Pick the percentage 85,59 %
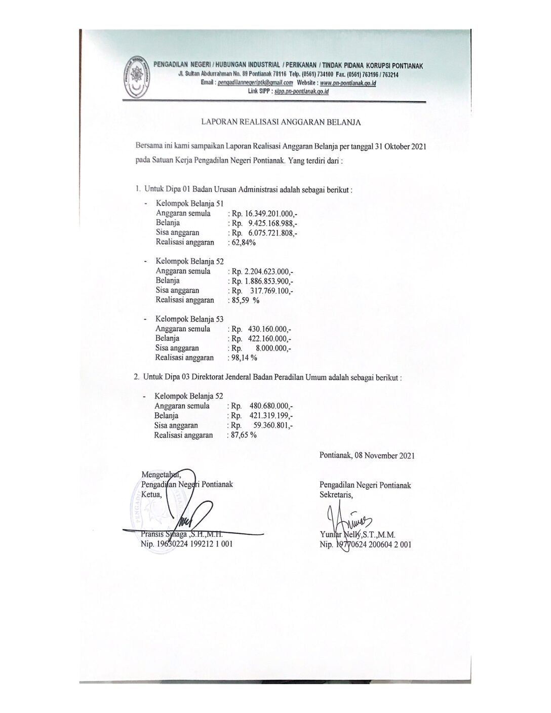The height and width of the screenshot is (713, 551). click(245, 300)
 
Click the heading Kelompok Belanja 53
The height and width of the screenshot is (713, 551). click(189, 319)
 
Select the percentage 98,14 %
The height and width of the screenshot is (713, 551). click(244, 358)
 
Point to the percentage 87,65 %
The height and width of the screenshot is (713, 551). click(243, 435)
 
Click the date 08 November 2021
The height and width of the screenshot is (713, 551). click(385, 455)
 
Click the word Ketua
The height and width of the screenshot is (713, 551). click(152, 494)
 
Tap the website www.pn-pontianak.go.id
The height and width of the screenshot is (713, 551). click(349, 82)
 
